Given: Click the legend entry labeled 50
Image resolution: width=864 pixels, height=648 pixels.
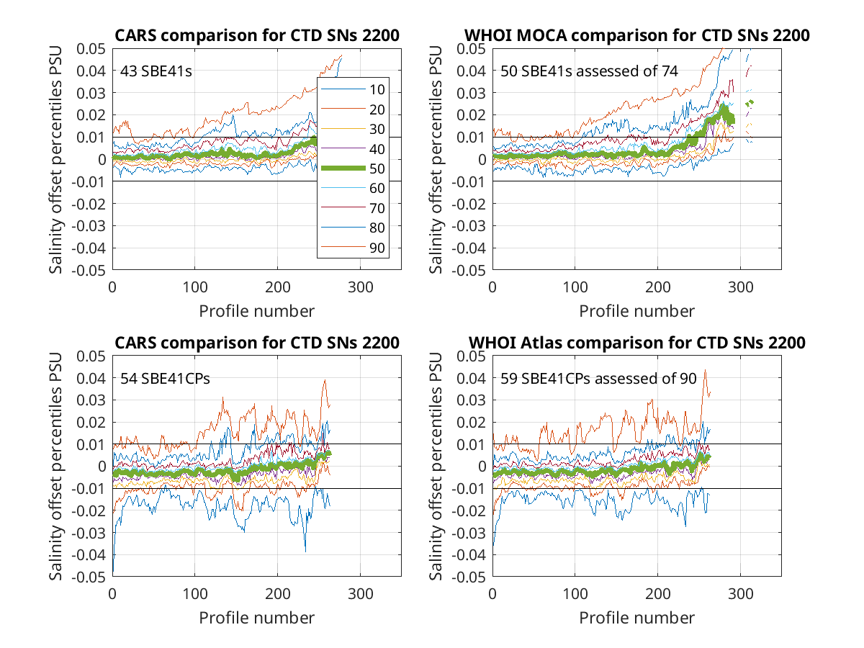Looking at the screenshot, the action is point(353,168).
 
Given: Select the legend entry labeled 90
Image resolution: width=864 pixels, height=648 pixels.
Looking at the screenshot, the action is point(353,248).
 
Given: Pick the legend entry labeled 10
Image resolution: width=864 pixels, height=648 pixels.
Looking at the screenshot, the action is point(353,89).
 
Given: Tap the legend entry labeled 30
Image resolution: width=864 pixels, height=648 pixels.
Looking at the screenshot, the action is point(353,129).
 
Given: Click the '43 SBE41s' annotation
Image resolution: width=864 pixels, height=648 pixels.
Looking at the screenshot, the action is point(156,71).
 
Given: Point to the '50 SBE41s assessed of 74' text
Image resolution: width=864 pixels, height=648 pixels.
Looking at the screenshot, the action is point(589,71).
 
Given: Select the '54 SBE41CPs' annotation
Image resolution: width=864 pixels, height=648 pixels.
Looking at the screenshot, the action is point(165,379).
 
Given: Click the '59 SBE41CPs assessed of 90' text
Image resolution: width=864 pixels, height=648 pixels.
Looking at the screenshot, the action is point(598,379).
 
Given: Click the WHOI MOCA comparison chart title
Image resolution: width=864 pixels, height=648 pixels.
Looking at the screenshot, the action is point(637,35).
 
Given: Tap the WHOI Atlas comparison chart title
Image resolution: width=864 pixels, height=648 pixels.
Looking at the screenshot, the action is point(637,343).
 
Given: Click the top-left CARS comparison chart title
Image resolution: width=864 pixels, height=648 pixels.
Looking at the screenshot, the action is point(257,35).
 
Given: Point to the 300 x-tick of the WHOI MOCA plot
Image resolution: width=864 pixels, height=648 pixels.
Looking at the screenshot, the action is point(740,287).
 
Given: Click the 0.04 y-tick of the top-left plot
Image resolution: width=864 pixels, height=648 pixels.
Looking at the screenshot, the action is point(91,71).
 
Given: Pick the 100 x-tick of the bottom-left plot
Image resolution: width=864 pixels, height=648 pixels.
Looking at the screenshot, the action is point(195,594).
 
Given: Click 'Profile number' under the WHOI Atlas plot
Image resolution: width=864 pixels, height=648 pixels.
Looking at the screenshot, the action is point(637,618).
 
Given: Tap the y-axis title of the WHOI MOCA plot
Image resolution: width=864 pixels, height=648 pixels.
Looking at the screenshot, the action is point(436,159).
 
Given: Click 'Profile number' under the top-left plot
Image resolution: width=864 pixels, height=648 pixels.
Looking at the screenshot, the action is point(256,311).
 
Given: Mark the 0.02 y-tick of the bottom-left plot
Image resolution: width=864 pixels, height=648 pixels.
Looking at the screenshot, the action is point(91,423).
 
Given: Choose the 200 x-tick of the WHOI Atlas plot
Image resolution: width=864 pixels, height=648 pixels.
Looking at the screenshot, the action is point(658,594).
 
